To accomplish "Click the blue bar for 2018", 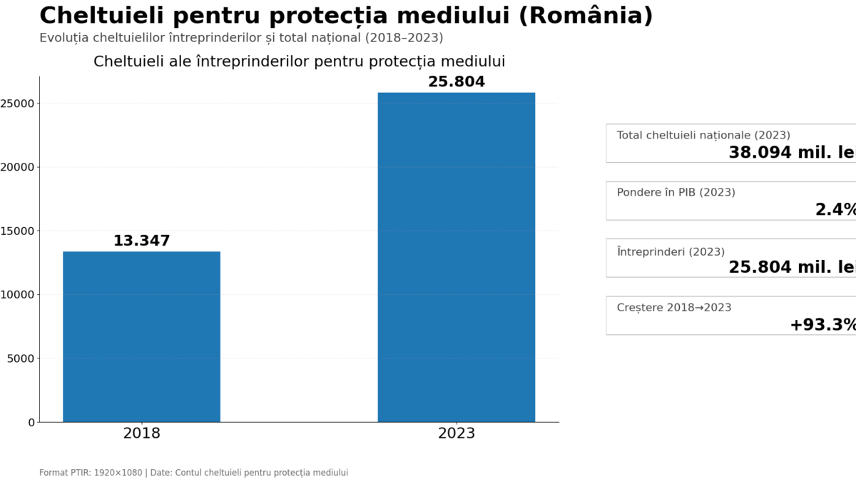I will [141, 336].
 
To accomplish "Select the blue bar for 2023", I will [456, 257].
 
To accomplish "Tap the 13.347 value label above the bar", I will [141, 241].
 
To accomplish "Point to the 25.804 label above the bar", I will [456, 82].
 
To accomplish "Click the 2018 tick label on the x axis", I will [141, 433].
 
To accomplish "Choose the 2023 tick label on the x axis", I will [456, 433].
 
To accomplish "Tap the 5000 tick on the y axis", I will [21, 358].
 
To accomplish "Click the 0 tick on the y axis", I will [31, 423].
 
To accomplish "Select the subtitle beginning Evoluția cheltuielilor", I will [241, 38].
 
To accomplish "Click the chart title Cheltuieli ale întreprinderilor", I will [299, 62].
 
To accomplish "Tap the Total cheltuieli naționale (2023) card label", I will [703, 135].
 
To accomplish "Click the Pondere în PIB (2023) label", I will [676, 192].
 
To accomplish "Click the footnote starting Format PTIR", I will [193, 473].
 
